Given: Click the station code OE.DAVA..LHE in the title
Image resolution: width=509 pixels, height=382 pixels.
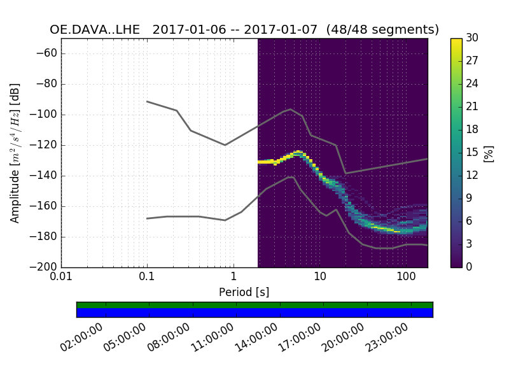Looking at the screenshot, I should pyautogui.click(x=95, y=30).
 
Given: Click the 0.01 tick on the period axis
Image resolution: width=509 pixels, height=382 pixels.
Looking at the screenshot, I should pyautogui.click(x=61, y=278).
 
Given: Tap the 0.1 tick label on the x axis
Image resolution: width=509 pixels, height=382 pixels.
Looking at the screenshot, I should pyautogui.click(x=147, y=278).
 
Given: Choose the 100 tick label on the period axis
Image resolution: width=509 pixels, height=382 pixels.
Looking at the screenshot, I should pyautogui.click(x=405, y=278).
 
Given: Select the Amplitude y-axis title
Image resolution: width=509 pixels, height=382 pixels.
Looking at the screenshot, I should pyautogui.click(x=15, y=153).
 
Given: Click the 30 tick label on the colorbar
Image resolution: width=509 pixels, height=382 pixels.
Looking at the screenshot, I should pyautogui.click(x=472, y=38).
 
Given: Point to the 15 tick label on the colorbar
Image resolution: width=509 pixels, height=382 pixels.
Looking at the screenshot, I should pyautogui.click(x=472, y=153).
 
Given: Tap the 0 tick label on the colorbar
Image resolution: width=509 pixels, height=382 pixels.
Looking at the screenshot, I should pyautogui.click(x=470, y=267).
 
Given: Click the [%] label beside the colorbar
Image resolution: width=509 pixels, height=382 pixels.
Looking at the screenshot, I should pyautogui.click(x=489, y=153).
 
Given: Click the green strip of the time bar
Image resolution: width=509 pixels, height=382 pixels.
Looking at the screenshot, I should pyautogui.click(x=254, y=305).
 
